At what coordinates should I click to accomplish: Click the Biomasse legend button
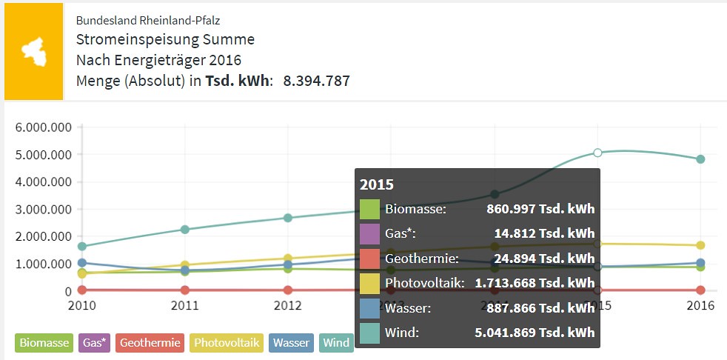(44, 343)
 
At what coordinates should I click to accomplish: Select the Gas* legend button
(95, 343)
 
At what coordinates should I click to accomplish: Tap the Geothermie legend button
(150, 343)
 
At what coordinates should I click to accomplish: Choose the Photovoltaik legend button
(227, 343)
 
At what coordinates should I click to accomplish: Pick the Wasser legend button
(291, 343)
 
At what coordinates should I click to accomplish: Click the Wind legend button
(336, 343)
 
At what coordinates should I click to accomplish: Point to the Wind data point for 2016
(700, 159)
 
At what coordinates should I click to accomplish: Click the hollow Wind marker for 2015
(597, 153)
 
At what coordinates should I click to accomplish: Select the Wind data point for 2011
(185, 229)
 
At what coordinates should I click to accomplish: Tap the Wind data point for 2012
(288, 218)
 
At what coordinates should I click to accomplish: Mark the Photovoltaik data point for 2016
(700, 245)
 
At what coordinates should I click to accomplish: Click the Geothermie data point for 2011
(185, 290)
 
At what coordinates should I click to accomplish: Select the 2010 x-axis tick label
(82, 306)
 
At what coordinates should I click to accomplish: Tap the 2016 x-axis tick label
(700, 306)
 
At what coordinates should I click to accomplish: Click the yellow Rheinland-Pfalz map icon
(34, 52)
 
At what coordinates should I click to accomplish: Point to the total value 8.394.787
(317, 81)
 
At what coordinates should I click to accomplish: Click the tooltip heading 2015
(377, 184)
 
